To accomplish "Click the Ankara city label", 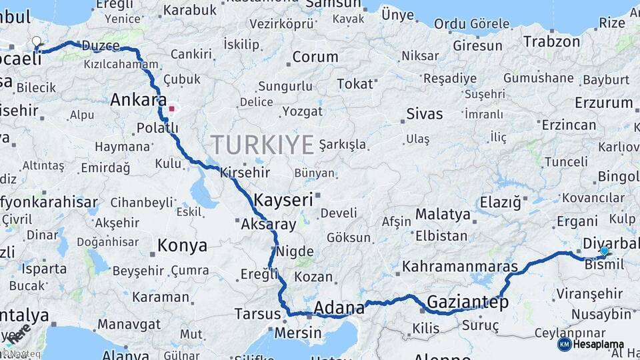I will tap(138, 100).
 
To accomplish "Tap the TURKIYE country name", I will tap(263, 144).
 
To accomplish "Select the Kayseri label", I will tap(283, 199).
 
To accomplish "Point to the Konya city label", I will tap(182, 246).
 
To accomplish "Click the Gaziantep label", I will tap(468, 302).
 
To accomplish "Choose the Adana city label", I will tap(339, 308).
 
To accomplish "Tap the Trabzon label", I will tap(551, 41).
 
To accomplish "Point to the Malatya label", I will tap(443, 214).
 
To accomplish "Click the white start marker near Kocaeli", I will tap(37, 42).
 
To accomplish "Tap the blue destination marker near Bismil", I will tap(604, 251).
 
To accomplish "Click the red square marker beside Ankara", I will tap(171, 108).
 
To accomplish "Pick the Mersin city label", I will tap(298, 332).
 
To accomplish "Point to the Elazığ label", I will tap(500, 201).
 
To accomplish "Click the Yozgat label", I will tap(302, 111).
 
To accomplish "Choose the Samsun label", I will tap(333, 4).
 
